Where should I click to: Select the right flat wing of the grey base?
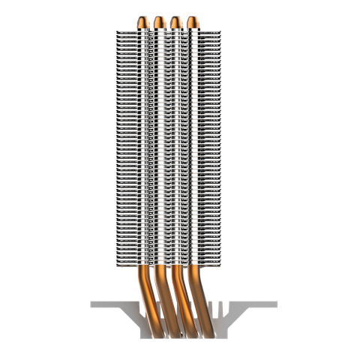coord(251,304)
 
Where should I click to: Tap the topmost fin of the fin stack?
coord(169,31)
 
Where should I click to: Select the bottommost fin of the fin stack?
coord(169,263)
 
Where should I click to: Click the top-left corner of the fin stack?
coord(113,31)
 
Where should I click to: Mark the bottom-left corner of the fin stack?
coord(113,263)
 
